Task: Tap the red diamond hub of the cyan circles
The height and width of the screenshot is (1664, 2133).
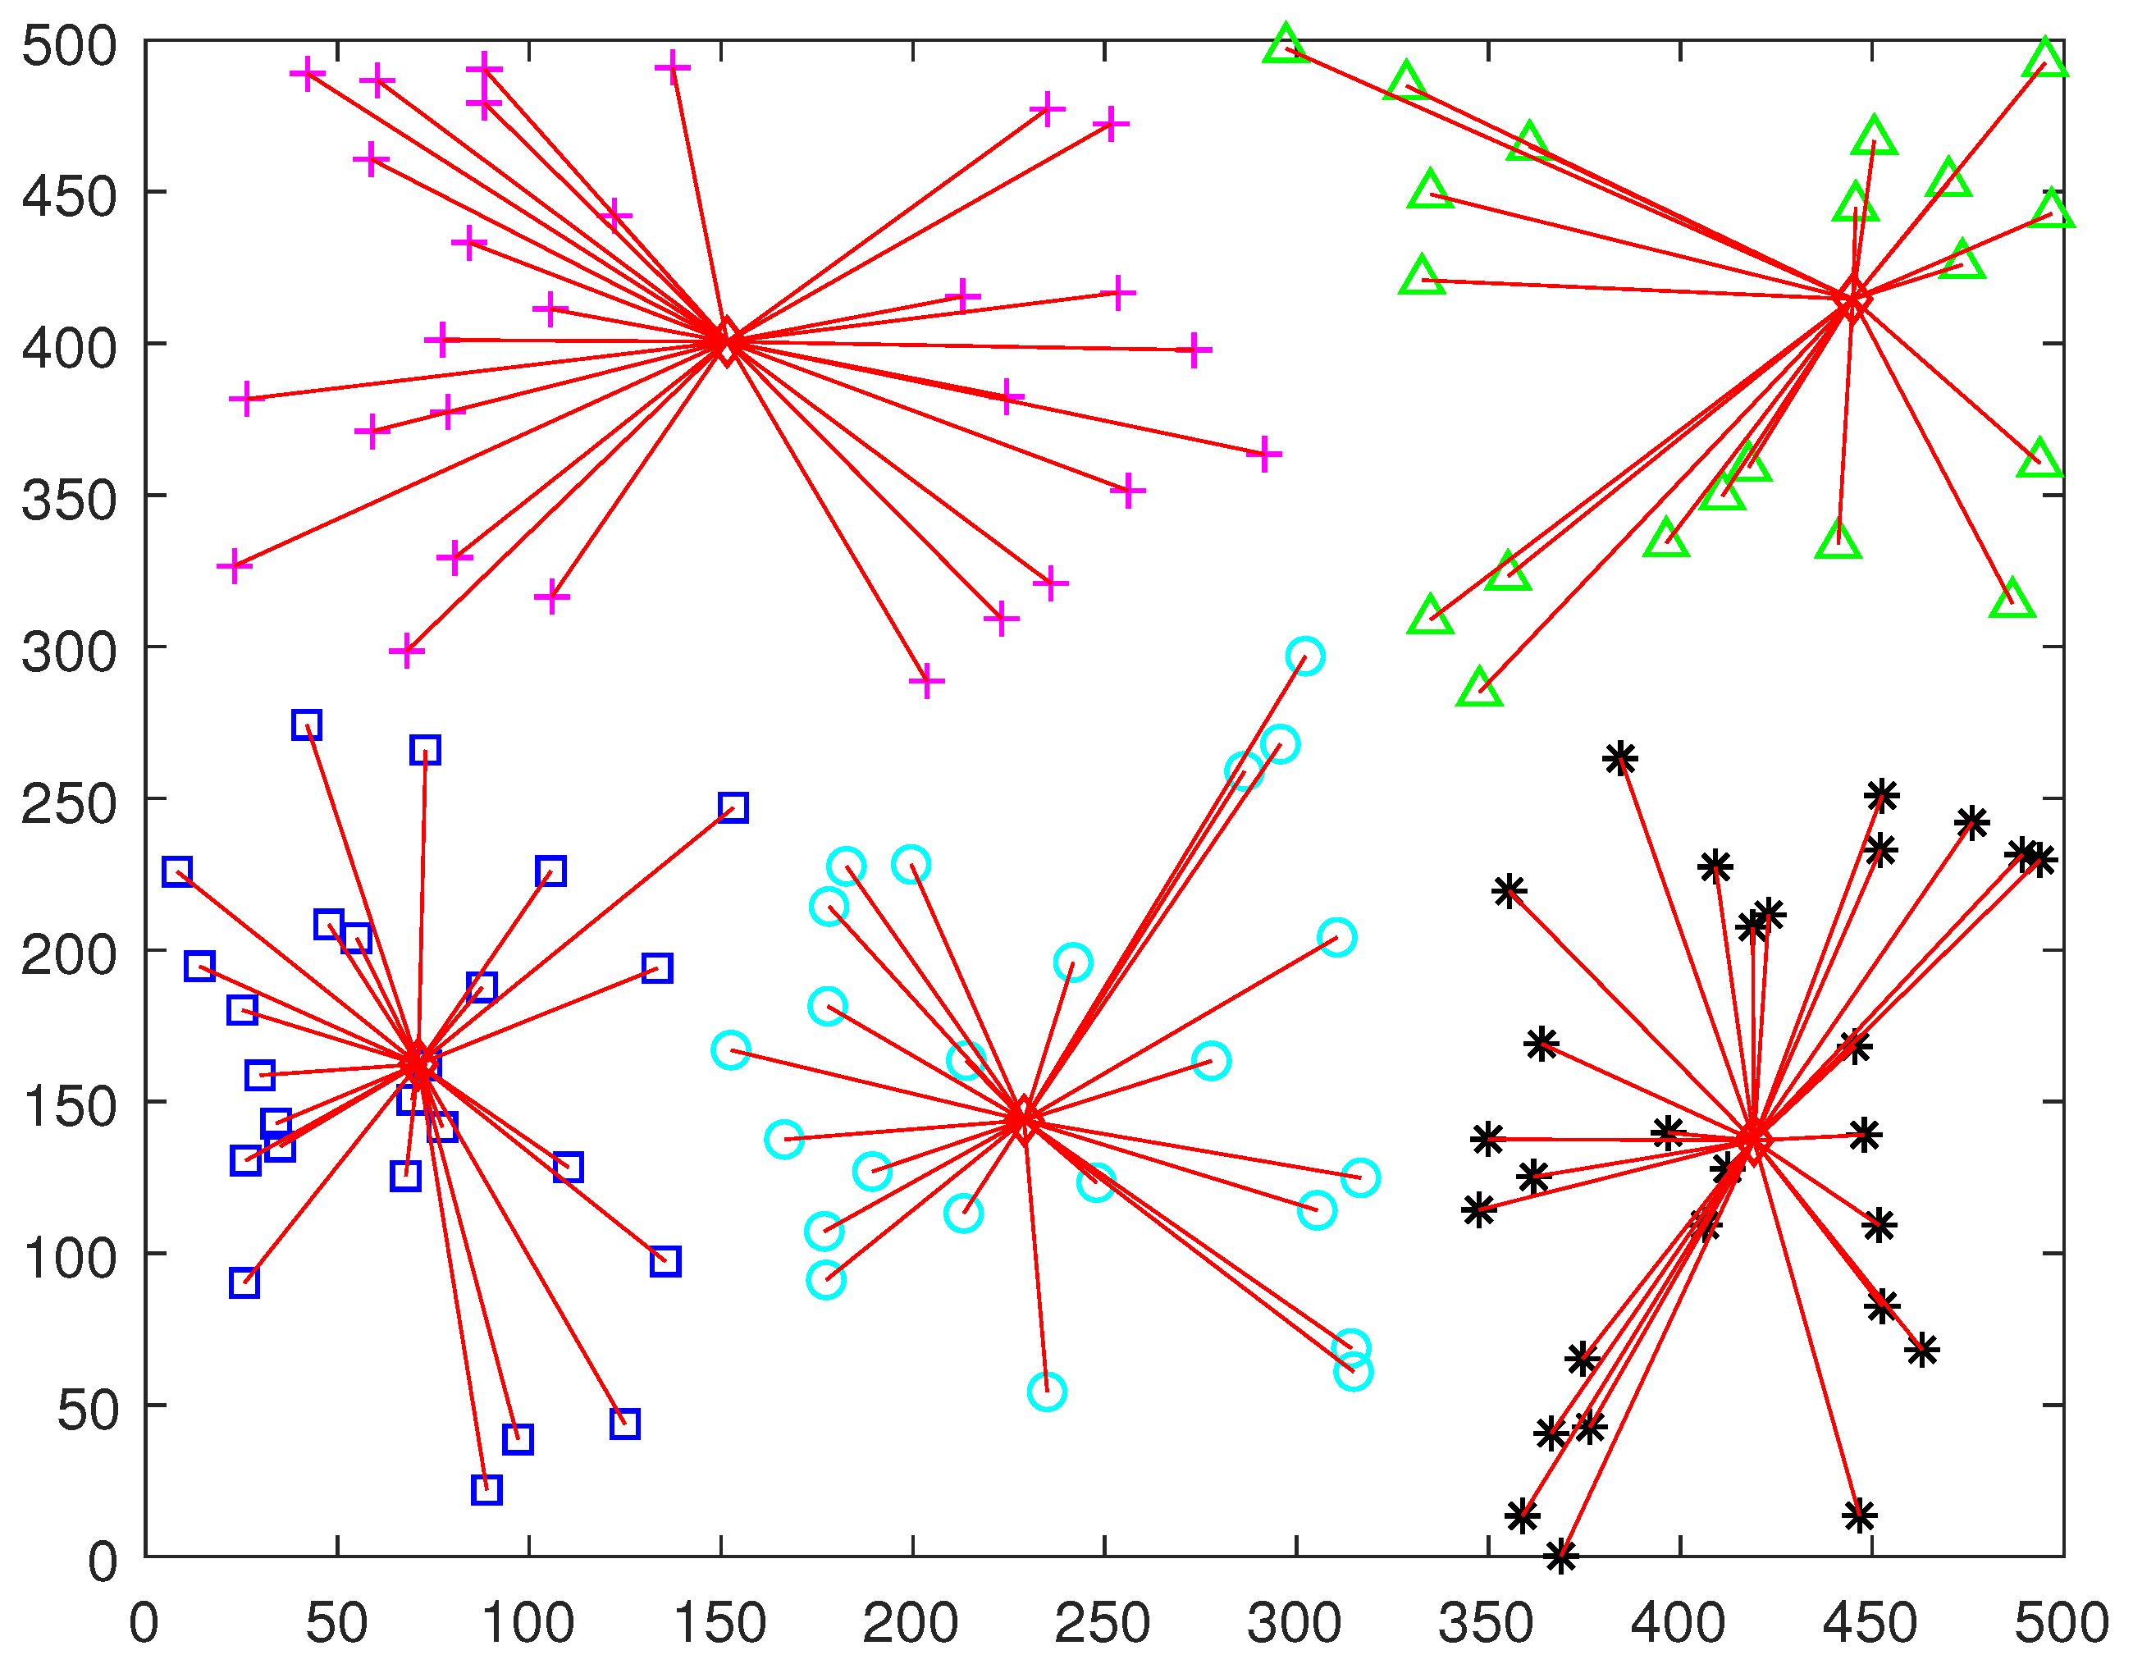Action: pyautogui.click(x=1022, y=1119)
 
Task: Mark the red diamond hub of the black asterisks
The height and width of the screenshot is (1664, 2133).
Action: pyautogui.click(x=1754, y=1140)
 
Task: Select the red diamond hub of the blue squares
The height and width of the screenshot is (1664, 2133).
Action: pyautogui.click(x=419, y=1064)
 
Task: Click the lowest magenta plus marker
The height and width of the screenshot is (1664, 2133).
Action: pyautogui.click(x=927, y=682)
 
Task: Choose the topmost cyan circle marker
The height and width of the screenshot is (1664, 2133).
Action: pyautogui.click(x=1304, y=656)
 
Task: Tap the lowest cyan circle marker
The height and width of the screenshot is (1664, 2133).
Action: pyautogui.click(x=1046, y=1392)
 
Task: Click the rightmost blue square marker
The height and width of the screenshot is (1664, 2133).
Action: pyautogui.click(x=733, y=807)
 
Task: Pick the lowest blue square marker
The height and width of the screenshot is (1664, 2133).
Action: pyautogui.click(x=486, y=1490)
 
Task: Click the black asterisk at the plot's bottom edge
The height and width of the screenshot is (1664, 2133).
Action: pyautogui.click(x=1560, y=1557)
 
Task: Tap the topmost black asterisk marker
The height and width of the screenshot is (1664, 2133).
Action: pyautogui.click(x=1620, y=758)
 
